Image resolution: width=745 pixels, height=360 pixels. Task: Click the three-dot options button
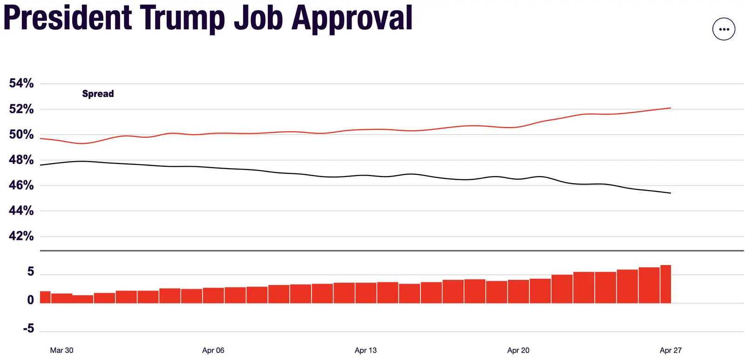point(724,29)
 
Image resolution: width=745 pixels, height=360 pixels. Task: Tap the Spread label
point(98,94)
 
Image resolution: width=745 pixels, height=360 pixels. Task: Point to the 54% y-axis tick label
point(21,83)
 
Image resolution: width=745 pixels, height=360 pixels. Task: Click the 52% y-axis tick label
point(21,109)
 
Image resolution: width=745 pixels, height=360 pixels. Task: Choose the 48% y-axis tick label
point(21,160)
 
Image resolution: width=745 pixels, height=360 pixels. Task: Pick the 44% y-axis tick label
point(21,211)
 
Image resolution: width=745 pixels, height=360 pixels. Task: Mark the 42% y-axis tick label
point(21,236)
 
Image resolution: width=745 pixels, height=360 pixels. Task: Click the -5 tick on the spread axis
point(28,328)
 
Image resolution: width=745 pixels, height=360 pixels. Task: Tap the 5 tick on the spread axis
point(31,272)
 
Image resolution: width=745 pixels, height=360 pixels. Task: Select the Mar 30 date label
point(61,350)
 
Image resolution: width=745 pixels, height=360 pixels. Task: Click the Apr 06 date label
point(213,350)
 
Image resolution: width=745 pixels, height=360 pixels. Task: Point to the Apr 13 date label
point(366,350)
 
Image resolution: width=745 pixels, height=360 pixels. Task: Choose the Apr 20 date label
point(518,350)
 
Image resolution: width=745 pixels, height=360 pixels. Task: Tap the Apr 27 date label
point(670,350)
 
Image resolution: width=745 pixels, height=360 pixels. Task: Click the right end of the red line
point(670,108)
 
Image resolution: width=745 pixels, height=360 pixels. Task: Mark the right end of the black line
point(670,193)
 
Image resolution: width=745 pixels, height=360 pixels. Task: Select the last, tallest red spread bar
point(665,284)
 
